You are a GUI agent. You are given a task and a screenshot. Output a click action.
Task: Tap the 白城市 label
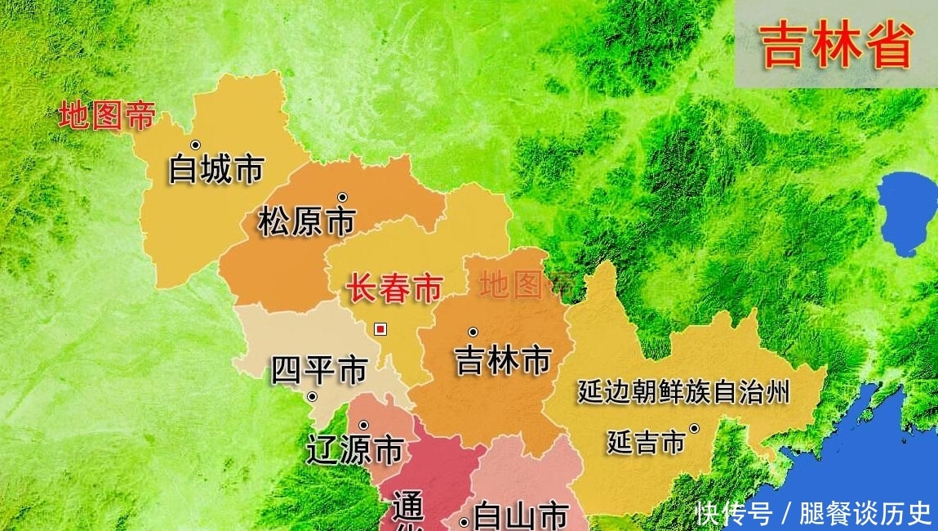[216, 169]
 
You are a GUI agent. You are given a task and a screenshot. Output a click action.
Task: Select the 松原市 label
[307, 221]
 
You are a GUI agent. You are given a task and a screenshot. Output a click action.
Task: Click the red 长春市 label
[395, 289]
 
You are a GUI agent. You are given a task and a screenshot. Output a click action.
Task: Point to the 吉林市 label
[504, 359]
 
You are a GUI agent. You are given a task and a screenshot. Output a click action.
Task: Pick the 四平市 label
[319, 371]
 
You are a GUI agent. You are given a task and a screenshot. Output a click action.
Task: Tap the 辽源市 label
[355, 449]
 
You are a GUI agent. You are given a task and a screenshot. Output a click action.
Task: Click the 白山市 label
[522, 516]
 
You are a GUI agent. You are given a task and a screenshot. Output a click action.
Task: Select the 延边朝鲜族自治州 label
[683, 393]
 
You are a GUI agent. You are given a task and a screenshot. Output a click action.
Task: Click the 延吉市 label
[646, 442]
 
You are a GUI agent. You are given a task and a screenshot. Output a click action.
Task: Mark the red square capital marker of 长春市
[380, 329]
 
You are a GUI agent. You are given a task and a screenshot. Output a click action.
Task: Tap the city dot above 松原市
[343, 197]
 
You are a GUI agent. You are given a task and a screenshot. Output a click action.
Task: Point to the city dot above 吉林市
[473, 332]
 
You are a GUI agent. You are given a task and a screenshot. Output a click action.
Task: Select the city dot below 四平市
[312, 397]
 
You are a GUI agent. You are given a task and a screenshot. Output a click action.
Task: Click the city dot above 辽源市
[363, 425]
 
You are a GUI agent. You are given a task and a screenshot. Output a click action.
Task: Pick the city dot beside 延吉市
[694, 427]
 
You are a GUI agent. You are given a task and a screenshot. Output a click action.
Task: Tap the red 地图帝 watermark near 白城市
[107, 115]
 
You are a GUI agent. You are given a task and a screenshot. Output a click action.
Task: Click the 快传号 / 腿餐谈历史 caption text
[813, 513]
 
